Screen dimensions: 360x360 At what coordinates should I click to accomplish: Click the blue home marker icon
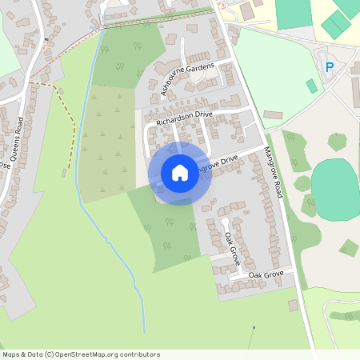coord(180,173)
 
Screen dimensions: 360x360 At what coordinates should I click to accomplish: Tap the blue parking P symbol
coord(329,67)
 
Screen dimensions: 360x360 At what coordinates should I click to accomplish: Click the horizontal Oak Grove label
coord(266,275)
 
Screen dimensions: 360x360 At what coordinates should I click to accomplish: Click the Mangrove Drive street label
coord(216,166)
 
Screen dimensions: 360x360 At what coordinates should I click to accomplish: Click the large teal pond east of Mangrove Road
coord(334,189)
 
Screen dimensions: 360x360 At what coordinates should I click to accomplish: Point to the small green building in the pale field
coord(310,86)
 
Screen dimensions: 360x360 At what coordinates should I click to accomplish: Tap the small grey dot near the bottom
coord(254,327)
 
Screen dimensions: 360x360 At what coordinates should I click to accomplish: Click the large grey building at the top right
coord(247,11)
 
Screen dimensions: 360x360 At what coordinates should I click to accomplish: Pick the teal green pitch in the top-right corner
coord(336,24)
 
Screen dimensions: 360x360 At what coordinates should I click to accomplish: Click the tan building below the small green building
coord(273,115)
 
